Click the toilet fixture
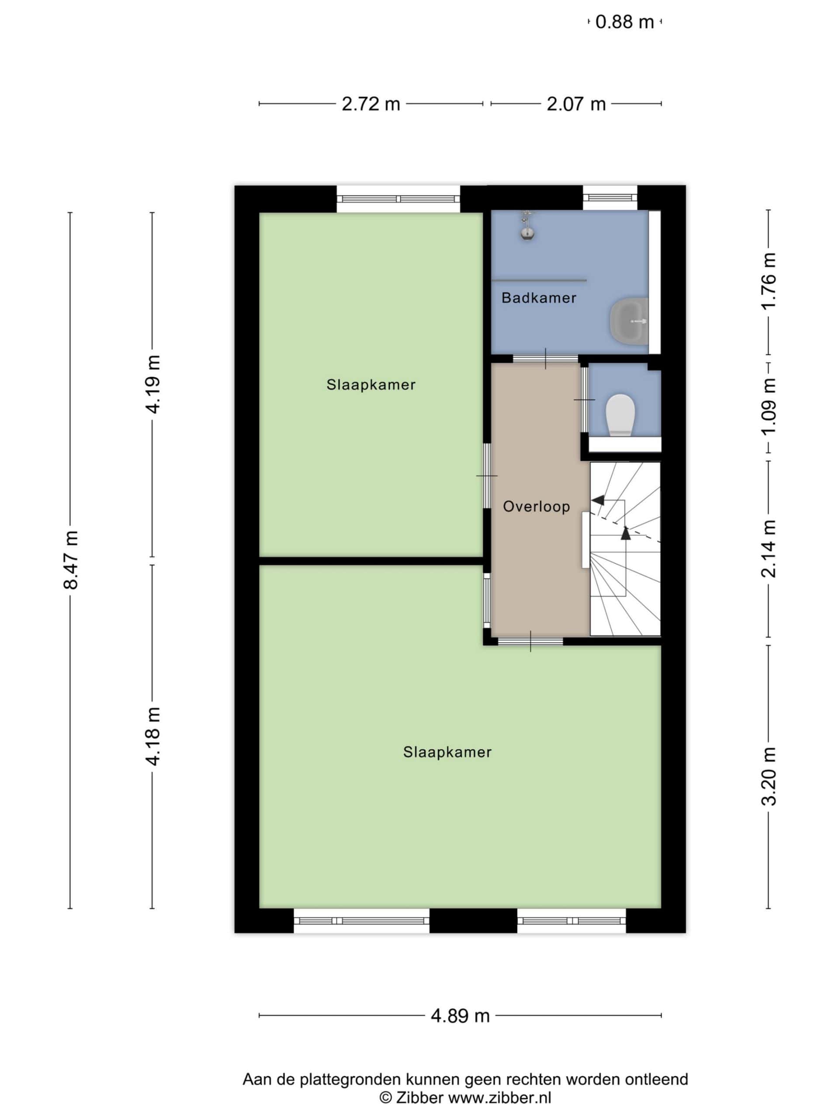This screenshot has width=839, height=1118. click(x=620, y=414)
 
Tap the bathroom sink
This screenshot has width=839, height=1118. click(x=629, y=321)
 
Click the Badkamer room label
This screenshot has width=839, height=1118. click(x=539, y=298)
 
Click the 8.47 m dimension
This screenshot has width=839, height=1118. click(x=70, y=559)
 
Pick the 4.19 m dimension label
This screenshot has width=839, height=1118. click(x=153, y=384)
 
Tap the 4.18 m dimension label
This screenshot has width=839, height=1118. click(x=153, y=736)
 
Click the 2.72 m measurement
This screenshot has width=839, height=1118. click(x=371, y=104)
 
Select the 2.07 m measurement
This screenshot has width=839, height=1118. click(x=576, y=104)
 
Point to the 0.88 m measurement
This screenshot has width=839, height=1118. click(x=624, y=22)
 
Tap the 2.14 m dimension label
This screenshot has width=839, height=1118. click(x=769, y=549)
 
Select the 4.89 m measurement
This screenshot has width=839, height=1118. click(x=460, y=1015)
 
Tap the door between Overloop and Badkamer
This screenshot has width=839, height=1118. click(x=545, y=359)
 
